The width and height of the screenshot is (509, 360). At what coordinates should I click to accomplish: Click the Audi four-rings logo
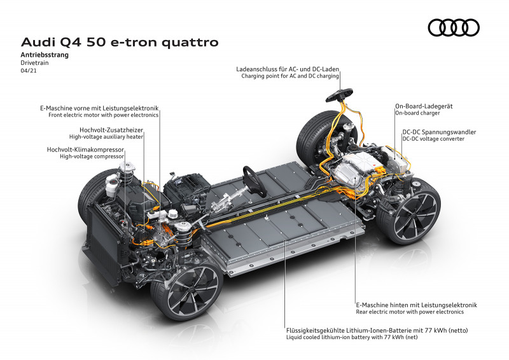(454, 27)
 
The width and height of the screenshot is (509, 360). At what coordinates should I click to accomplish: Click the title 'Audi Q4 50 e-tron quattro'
(120, 43)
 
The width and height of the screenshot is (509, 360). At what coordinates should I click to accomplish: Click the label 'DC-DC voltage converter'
(439, 139)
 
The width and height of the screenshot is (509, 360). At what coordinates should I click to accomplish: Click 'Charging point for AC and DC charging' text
(289, 76)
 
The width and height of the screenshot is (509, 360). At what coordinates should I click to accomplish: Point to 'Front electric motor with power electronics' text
(104, 116)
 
